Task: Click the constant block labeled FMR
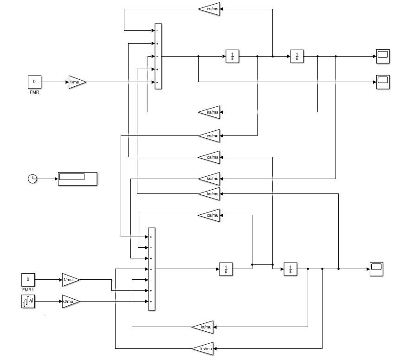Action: [34, 82]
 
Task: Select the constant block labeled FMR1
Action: [28, 280]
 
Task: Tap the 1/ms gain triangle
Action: [77, 82]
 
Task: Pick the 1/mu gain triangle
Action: [71, 280]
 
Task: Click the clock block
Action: [32, 179]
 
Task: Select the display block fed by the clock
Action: [77, 179]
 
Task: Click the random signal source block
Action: [28, 301]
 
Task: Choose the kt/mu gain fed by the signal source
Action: [70, 301]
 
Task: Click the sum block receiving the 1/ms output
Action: [158, 57]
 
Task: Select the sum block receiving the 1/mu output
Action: [151, 269]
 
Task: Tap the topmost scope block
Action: [383, 56]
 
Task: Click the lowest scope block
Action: [376, 269]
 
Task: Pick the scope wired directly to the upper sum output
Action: [383, 82]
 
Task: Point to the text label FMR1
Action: [28, 290]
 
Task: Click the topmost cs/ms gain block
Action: [209, 9]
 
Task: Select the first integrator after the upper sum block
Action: [232, 56]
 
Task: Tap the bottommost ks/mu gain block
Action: [203, 348]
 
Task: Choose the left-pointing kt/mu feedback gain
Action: [203, 327]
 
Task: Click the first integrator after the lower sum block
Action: [226, 269]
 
